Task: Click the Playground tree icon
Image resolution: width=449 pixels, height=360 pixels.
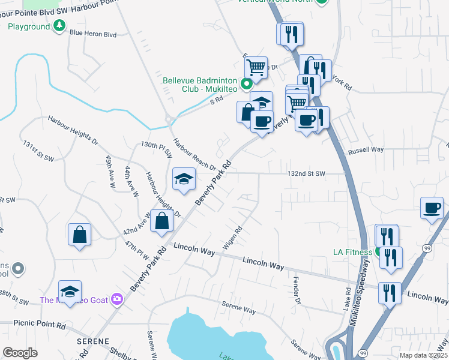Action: point(59,26)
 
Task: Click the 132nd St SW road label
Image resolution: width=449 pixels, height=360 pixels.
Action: point(306,173)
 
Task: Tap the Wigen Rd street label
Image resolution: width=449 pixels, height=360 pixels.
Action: point(233,238)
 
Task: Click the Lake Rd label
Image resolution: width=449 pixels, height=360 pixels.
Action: point(348,298)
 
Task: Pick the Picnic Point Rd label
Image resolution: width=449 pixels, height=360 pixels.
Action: point(32,325)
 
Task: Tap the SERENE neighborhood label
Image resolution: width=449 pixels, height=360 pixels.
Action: point(92,341)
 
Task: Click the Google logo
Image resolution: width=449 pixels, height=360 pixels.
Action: point(20,353)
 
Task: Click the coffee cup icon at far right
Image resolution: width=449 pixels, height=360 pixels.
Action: point(432,208)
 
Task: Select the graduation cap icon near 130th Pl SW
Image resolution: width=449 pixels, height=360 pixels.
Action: point(184,178)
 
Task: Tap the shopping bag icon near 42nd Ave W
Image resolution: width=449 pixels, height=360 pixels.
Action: point(162,220)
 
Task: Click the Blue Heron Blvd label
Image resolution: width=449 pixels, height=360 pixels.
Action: point(92,34)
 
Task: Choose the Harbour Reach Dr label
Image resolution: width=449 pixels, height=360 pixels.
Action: point(194,155)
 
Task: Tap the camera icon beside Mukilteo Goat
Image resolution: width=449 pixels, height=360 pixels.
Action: point(116,299)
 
